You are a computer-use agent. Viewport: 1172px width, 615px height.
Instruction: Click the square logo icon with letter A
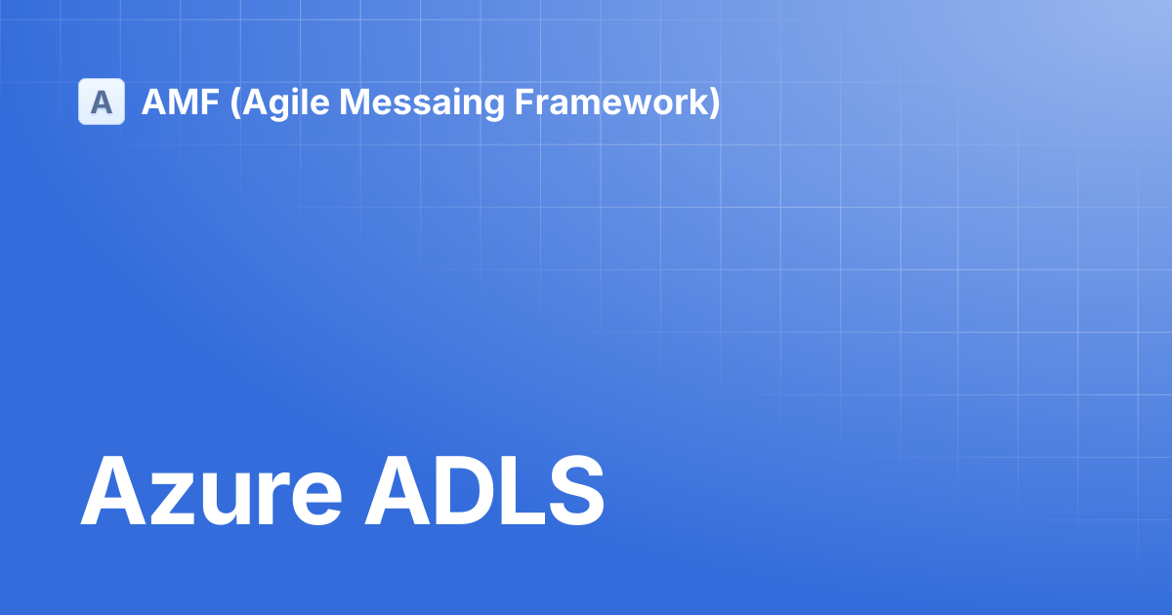[x=102, y=102]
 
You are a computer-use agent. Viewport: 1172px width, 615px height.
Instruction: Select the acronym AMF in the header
[x=180, y=102]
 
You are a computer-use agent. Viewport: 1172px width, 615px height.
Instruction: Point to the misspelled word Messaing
[x=422, y=103]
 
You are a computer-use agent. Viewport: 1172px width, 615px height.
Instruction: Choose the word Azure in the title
[x=211, y=491]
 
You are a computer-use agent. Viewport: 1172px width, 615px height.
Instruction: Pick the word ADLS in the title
[x=484, y=491]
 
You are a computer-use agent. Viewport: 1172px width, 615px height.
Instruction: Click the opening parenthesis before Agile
[x=235, y=103]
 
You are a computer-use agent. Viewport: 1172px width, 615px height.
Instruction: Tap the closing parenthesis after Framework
[x=714, y=103]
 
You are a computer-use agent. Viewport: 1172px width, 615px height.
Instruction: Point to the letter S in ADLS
[x=575, y=491]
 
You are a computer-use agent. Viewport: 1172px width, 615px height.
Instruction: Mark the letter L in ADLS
[x=522, y=491]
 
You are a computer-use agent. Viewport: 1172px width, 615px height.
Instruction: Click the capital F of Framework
[x=524, y=102]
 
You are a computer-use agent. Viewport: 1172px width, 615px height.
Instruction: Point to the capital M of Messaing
[x=355, y=102]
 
